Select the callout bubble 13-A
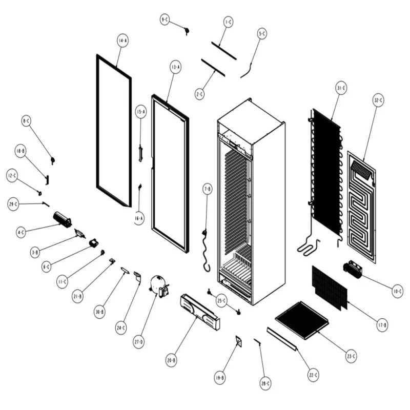click(175, 67)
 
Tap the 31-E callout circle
click(341, 88)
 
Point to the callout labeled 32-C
click(378, 101)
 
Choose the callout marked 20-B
click(171, 360)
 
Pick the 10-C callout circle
click(397, 292)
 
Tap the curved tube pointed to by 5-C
click(248, 68)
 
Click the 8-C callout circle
click(27, 121)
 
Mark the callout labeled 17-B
click(382, 324)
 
